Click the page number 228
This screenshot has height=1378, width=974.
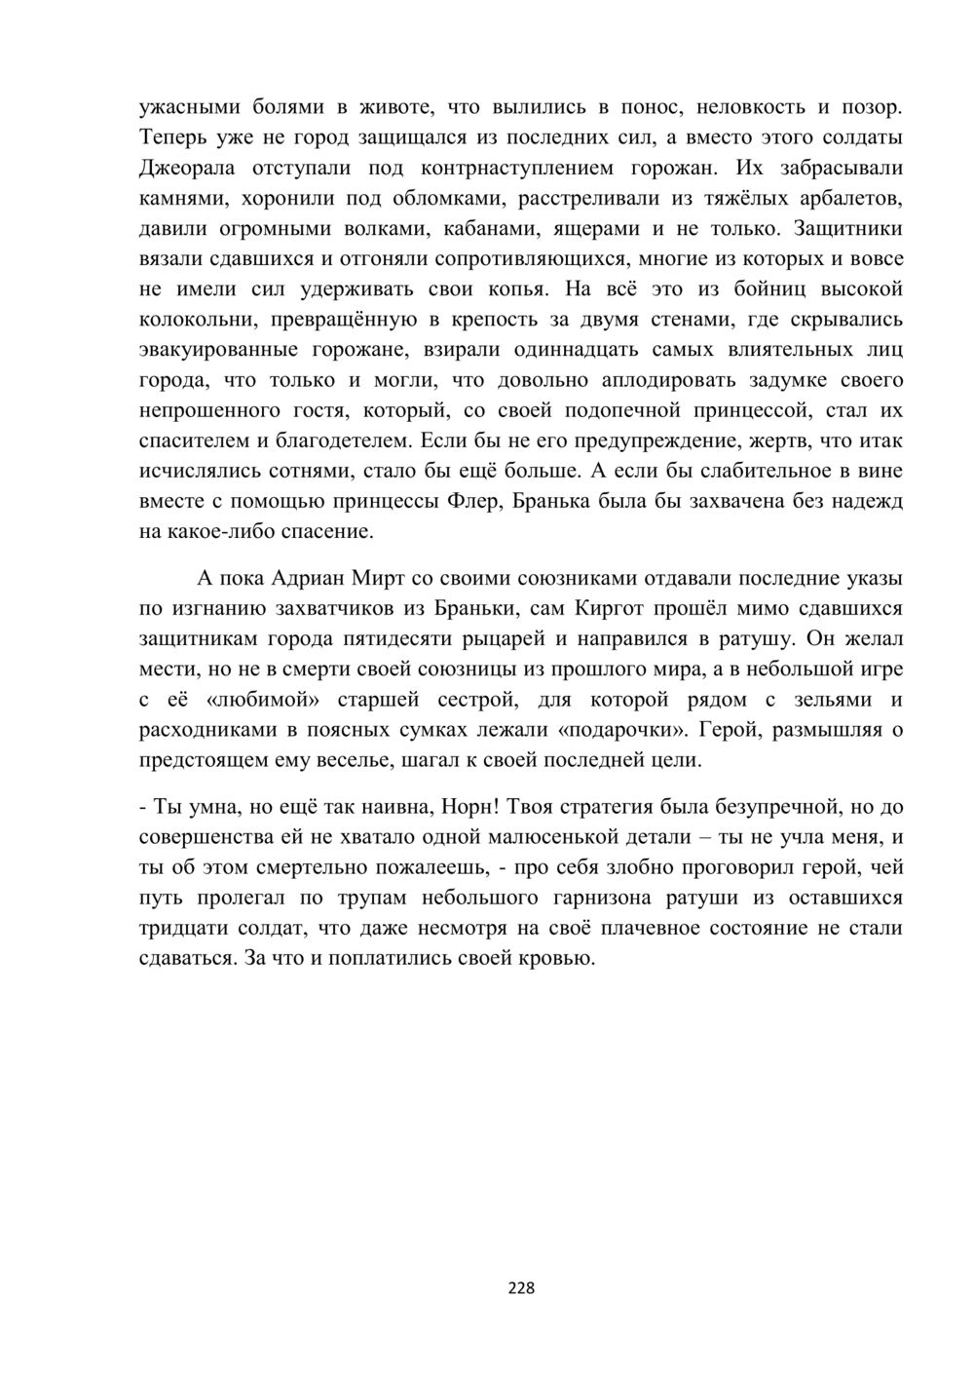522,1288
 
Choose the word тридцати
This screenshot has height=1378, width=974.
181,928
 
